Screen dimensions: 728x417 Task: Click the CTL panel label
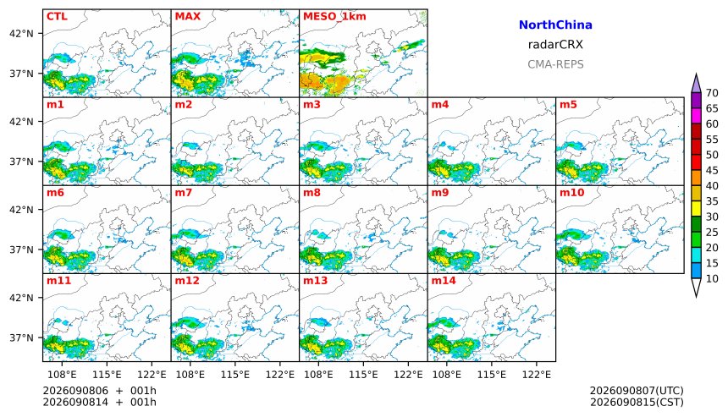point(57,17)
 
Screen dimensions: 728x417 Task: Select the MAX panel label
point(188,17)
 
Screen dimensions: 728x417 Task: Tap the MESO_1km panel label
point(334,17)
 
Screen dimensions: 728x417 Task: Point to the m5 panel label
point(568,105)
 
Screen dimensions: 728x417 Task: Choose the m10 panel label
point(571,193)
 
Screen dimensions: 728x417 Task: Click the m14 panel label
point(444,281)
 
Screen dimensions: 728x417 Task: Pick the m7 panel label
point(183,193)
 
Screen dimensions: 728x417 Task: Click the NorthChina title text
point(555,25)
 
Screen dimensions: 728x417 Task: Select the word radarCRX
point(555,45)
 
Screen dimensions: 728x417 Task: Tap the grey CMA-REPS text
point(555,64)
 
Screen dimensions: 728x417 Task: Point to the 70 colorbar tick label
point(712,93)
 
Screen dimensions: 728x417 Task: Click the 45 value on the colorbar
point(712,171)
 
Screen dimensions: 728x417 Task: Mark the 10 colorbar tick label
point(712,279)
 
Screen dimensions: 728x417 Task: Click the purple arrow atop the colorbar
point(696,84)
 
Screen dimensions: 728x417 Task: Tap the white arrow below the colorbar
point(696,288)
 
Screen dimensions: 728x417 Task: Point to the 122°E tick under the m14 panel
point(537,375)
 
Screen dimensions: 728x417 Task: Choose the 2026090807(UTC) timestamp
point(637,391)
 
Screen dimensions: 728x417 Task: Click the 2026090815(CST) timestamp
point(637,402)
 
